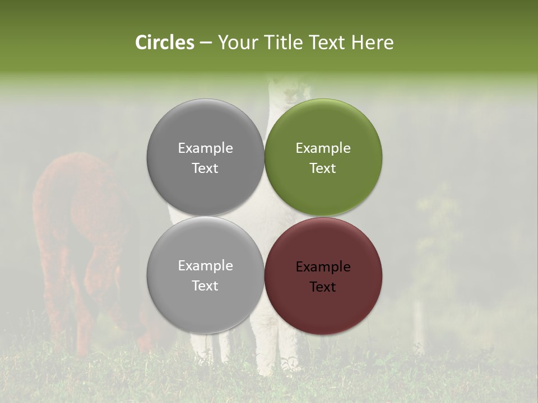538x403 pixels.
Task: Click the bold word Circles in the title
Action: (164, 43)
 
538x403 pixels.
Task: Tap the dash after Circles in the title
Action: (206, 43)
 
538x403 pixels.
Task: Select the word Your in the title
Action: (236, 43)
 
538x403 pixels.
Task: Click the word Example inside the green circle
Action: (323, 148)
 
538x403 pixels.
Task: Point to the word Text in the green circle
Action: (323, 168)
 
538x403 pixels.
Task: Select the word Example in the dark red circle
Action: (323, 267)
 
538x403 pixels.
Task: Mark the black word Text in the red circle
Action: (323, 287)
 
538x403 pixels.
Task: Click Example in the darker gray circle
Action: (205, 148)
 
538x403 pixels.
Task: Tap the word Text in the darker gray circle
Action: (205, 168)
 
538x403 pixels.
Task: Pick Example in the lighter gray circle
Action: (205, 266)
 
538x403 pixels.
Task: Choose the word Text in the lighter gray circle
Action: (205, 286)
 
